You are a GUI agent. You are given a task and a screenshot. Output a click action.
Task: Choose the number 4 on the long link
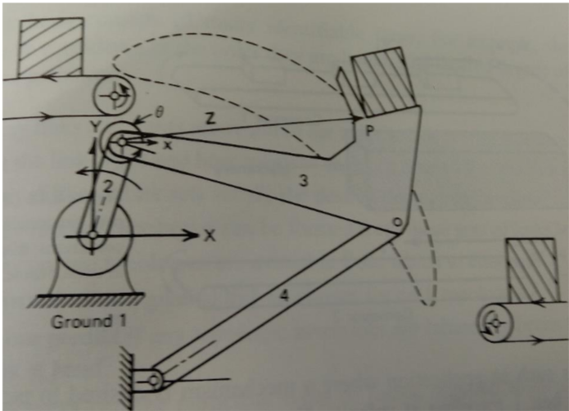coord(284,296)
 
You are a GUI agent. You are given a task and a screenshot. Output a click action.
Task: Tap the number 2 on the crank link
coord(105,186)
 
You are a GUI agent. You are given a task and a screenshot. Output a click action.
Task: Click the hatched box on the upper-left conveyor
coord(51,47)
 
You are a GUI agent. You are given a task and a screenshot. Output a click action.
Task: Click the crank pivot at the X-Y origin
coord(93,236)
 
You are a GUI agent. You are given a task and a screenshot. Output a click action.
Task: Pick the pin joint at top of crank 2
coord(121,142)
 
